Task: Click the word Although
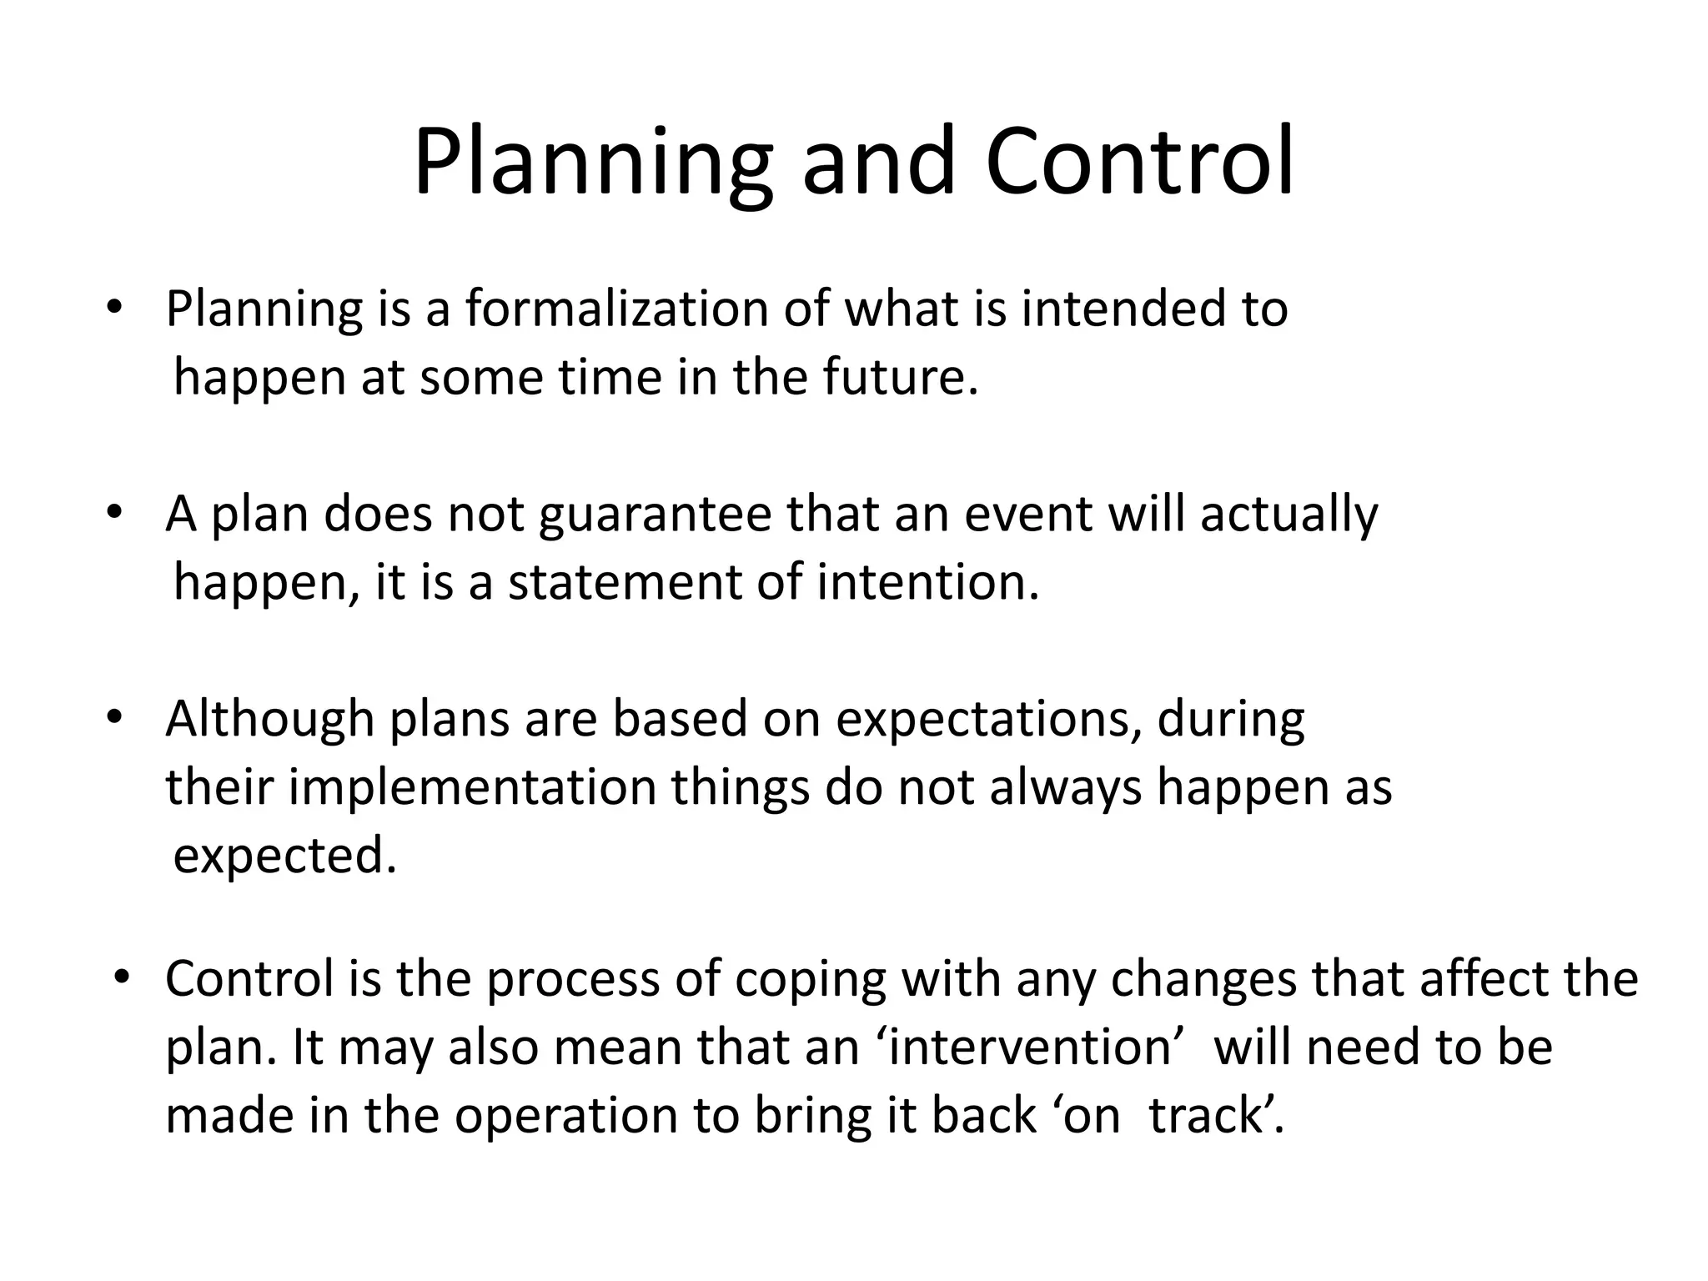269,719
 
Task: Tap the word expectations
988,719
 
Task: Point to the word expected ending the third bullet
284,856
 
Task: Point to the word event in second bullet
1027,515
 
